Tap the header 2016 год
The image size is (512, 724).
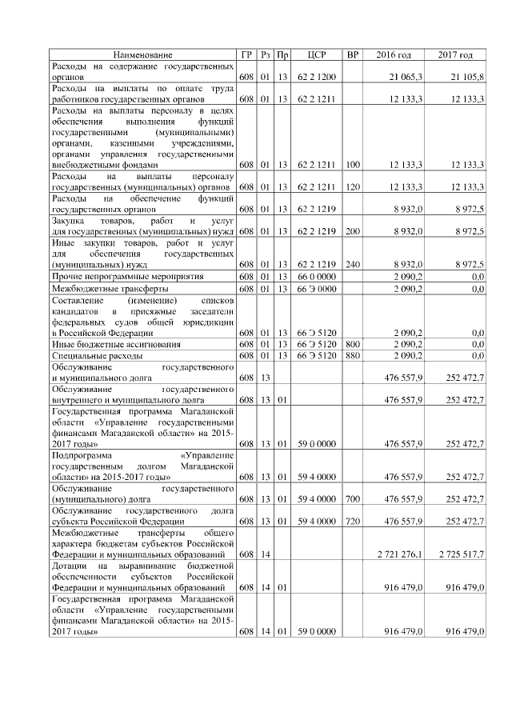coord(394,54)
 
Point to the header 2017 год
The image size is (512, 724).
coord(455,54)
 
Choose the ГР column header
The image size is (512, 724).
coord(246,54)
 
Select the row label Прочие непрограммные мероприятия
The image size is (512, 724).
coord(127,275)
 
